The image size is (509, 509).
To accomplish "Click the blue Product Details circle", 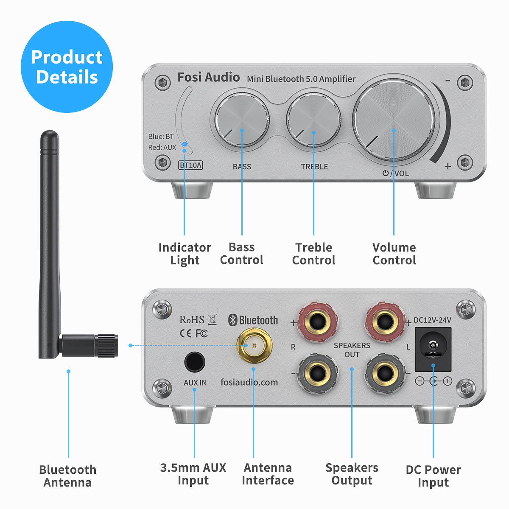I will click(x=67, y=67).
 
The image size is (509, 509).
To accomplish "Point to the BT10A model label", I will click(x=190, y=165).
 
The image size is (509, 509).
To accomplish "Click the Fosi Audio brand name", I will click(x=208, y=77).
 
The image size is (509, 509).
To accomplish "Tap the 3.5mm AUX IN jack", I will click(x=195, y=363).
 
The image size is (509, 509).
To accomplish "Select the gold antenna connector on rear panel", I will click(x=254, y=345).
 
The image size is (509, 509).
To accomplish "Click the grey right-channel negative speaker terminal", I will click(x=318, y=374).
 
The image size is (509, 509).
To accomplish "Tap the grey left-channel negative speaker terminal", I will click(x=385, y=374).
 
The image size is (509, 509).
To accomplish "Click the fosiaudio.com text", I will click(x=249, y=382).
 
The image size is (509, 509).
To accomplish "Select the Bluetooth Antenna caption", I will click(x=67, y=476).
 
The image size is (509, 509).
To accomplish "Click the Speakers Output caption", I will click(x=352, y=474).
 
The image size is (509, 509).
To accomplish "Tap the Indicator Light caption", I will click(x=185, y=254).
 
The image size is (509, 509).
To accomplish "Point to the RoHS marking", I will click(x=192, y=320).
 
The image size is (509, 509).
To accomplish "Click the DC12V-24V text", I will click(x=432, y=320).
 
